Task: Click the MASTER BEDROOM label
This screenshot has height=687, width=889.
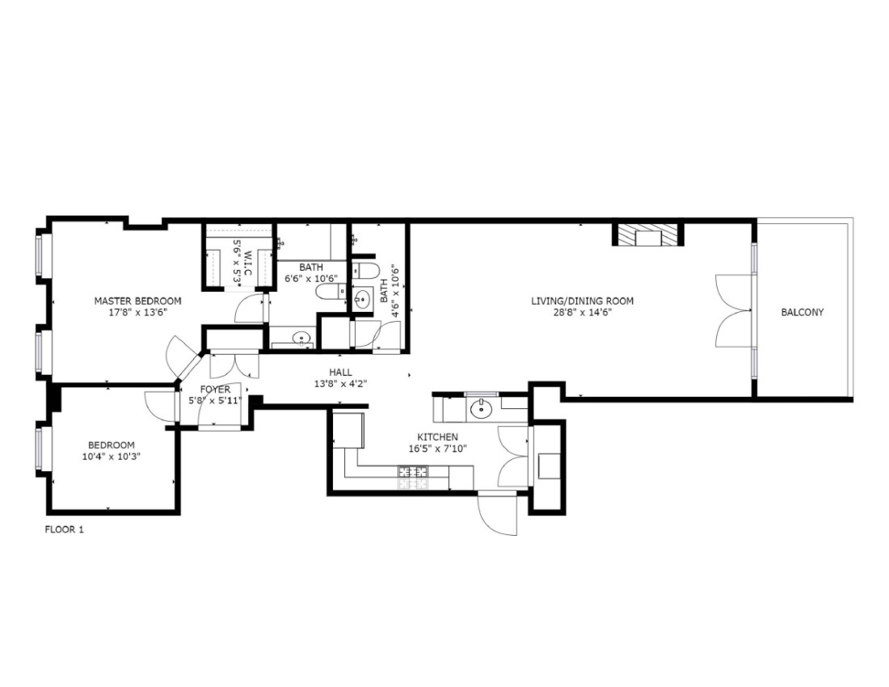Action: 137,301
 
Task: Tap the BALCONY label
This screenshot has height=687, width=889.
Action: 803,312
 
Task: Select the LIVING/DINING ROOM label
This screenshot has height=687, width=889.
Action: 582,301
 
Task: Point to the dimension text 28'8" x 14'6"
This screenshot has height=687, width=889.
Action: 582,312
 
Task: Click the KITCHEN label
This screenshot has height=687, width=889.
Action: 438,437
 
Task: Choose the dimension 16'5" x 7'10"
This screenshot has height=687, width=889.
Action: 438,449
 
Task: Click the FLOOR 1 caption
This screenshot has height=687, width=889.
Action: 64,530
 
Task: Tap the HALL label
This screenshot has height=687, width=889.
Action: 341,373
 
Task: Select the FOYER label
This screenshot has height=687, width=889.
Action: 216,390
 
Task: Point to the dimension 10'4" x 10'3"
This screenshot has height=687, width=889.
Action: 112,456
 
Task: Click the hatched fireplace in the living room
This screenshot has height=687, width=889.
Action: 647,235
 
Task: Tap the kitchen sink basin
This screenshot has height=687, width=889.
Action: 482,407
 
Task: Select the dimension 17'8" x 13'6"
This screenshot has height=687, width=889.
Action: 137,312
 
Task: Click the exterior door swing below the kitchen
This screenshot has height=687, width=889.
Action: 497,513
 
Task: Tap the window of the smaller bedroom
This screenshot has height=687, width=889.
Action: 40,449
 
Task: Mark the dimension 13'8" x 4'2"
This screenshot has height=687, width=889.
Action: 341,383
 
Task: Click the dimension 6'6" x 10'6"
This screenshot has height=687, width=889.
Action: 311,278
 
